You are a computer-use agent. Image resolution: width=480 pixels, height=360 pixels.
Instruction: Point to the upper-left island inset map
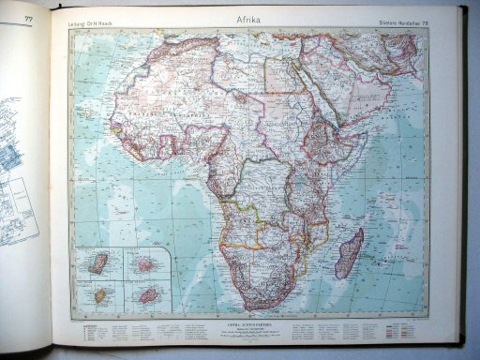[x=97, y=262]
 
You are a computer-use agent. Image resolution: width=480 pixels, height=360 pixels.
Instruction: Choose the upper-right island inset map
[x=144, y=263]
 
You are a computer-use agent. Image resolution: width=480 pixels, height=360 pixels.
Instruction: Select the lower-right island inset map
[x=145, y=294]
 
